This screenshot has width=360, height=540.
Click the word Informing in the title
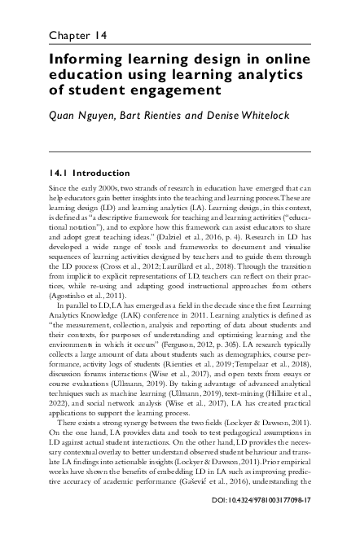tap(86, 59)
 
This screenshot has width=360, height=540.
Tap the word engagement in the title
tap(173, 89)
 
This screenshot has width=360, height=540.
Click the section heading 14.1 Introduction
tap(90, 173)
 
